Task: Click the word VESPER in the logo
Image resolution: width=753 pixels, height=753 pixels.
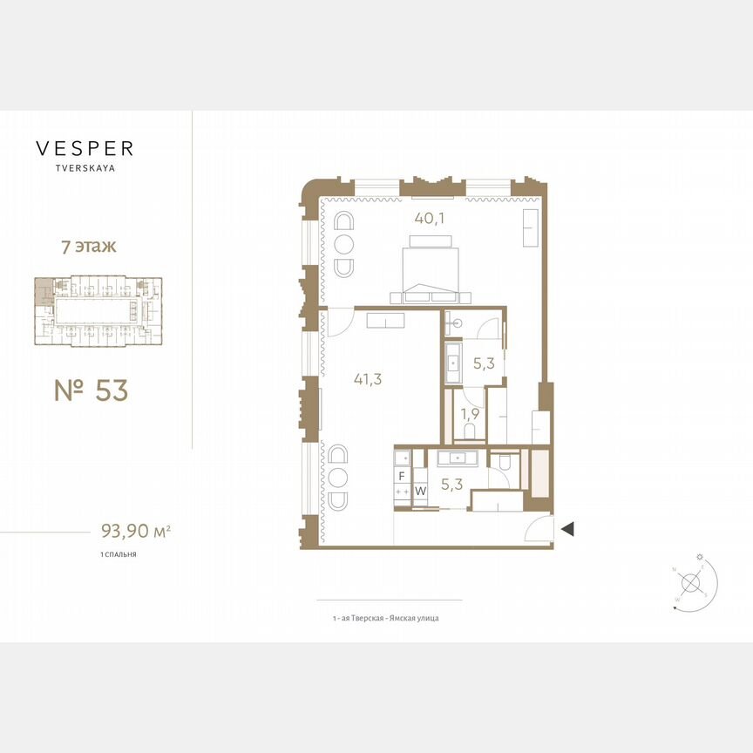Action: pos(85,149)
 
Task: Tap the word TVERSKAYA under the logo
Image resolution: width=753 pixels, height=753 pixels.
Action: pos(85,170)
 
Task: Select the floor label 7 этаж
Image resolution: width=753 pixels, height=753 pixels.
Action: pos(87,247)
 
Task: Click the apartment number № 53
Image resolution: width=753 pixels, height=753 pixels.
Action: pos(91,391)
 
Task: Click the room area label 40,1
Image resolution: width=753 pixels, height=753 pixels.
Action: pos(430,219)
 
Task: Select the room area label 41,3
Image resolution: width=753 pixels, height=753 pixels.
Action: pos(370,379)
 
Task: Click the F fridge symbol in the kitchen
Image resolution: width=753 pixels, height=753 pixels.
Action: pos(402,476)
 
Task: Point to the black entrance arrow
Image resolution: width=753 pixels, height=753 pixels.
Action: pos(567,528)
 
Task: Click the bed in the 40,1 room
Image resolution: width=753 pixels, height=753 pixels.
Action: pos(430,268)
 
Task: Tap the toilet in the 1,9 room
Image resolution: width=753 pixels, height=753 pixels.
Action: pos(469,432)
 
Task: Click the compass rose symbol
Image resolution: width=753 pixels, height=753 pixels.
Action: pos(692,582)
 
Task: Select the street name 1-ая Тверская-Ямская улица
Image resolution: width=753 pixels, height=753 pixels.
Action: pos(385,618)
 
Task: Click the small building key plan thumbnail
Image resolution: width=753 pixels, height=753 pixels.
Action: pos(97,311)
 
